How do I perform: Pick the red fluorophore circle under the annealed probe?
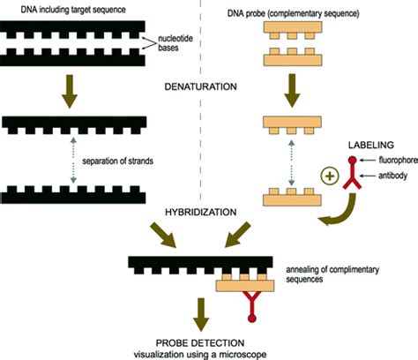tap(252, 319)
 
